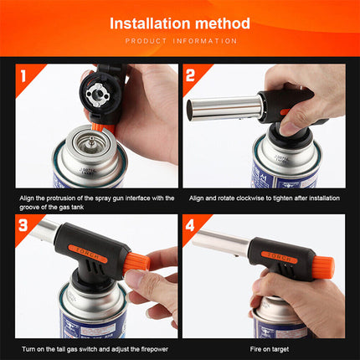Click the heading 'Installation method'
(x=179, y=23)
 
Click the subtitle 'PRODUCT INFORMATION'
(x=179, y=40)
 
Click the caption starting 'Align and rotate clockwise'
(x=264, y=198)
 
